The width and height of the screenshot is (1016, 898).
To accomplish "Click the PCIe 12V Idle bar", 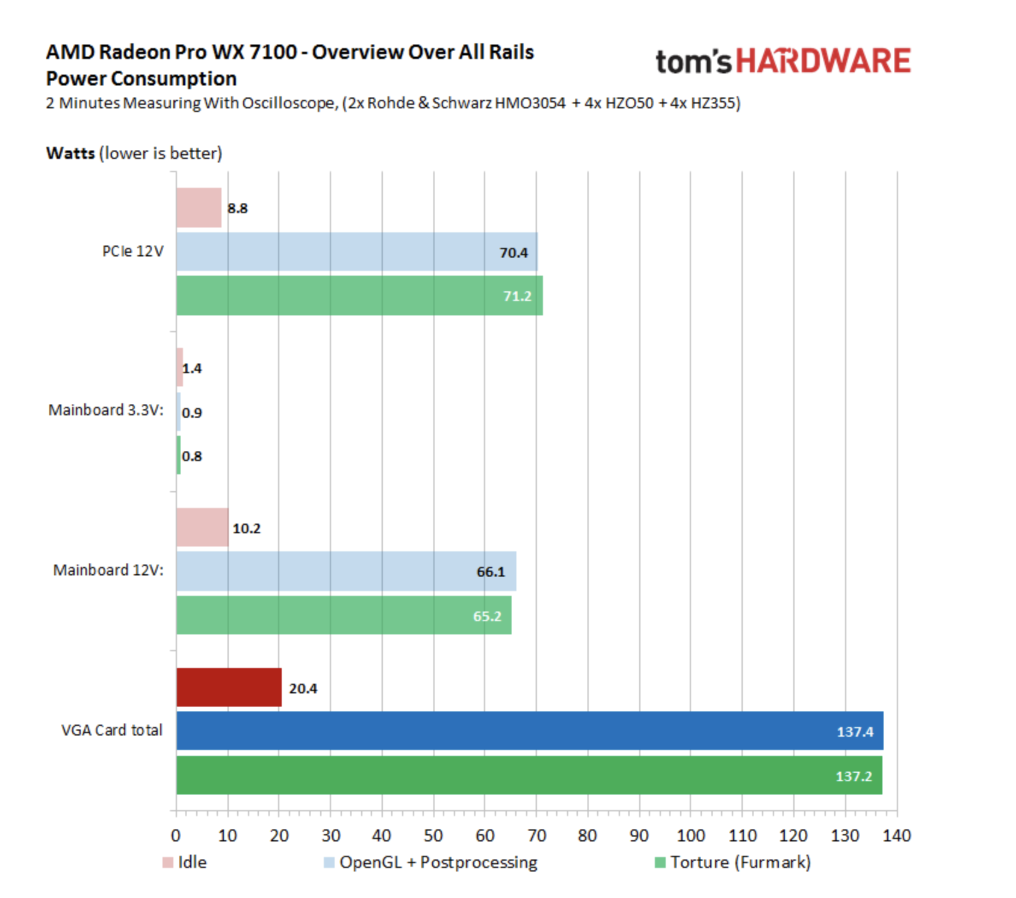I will pos(199,208).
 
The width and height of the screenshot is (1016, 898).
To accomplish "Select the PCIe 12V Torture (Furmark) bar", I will pos(359,296).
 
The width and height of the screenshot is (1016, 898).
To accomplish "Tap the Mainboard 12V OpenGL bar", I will pos(346,571).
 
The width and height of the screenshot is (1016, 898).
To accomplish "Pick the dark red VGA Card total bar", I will pos(229,687).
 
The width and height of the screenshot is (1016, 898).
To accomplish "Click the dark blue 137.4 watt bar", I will pos(530,731).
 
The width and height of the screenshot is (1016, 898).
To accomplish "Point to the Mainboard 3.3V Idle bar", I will pos(179,367).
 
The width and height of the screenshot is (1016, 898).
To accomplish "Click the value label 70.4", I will pos(513,253).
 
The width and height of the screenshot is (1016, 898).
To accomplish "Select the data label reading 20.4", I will pos(303,689).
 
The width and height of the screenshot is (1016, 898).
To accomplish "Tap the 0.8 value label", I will pos(192,456).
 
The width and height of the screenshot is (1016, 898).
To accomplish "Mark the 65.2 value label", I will pos(487,616).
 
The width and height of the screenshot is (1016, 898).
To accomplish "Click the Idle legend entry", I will pos(185,862).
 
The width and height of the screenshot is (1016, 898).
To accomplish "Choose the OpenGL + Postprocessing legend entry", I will pos(430,862).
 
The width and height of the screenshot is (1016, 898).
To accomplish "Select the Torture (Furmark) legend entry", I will pos(733,862).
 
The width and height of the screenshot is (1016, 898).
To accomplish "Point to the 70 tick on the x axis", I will pos(536,835).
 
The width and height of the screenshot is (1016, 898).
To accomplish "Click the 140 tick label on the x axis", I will pos(896,835).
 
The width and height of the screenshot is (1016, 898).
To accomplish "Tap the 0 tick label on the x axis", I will pos(176,835).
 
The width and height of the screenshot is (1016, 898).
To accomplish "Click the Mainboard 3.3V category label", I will pos(106,410).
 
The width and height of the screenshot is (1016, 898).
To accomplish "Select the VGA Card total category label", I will pos(112,730).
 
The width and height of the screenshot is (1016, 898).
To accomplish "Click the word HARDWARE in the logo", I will pos(823,62).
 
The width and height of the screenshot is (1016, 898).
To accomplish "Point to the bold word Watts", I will pos(70,153).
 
